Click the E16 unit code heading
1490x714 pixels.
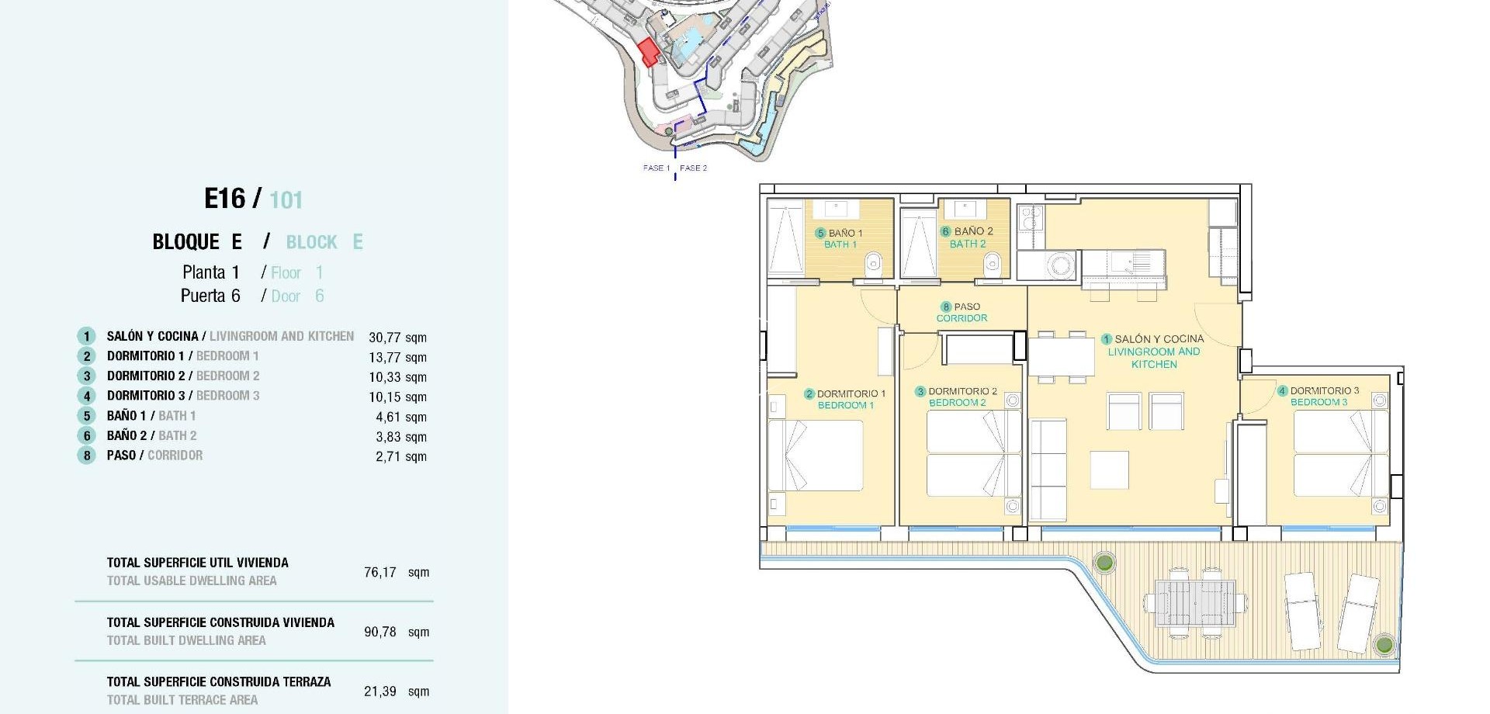point(224,199)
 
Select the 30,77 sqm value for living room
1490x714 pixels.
point(397,338)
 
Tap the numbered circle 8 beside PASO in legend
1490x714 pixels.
point(86,456)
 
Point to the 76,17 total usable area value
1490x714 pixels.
point(380,573)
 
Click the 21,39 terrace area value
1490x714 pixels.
point(380,691)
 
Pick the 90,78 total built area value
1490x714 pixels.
point(380,632)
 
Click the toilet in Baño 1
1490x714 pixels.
point(874,265)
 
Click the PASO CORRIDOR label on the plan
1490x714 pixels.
point(962,313)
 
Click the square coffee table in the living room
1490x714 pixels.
point(1109,470)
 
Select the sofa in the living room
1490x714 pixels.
point(1048,470)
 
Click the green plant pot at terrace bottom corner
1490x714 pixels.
point(1383,644)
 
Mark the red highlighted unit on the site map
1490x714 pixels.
point(648,52)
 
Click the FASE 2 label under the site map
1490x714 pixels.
point(693,168)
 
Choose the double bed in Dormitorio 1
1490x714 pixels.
point(823,456)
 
